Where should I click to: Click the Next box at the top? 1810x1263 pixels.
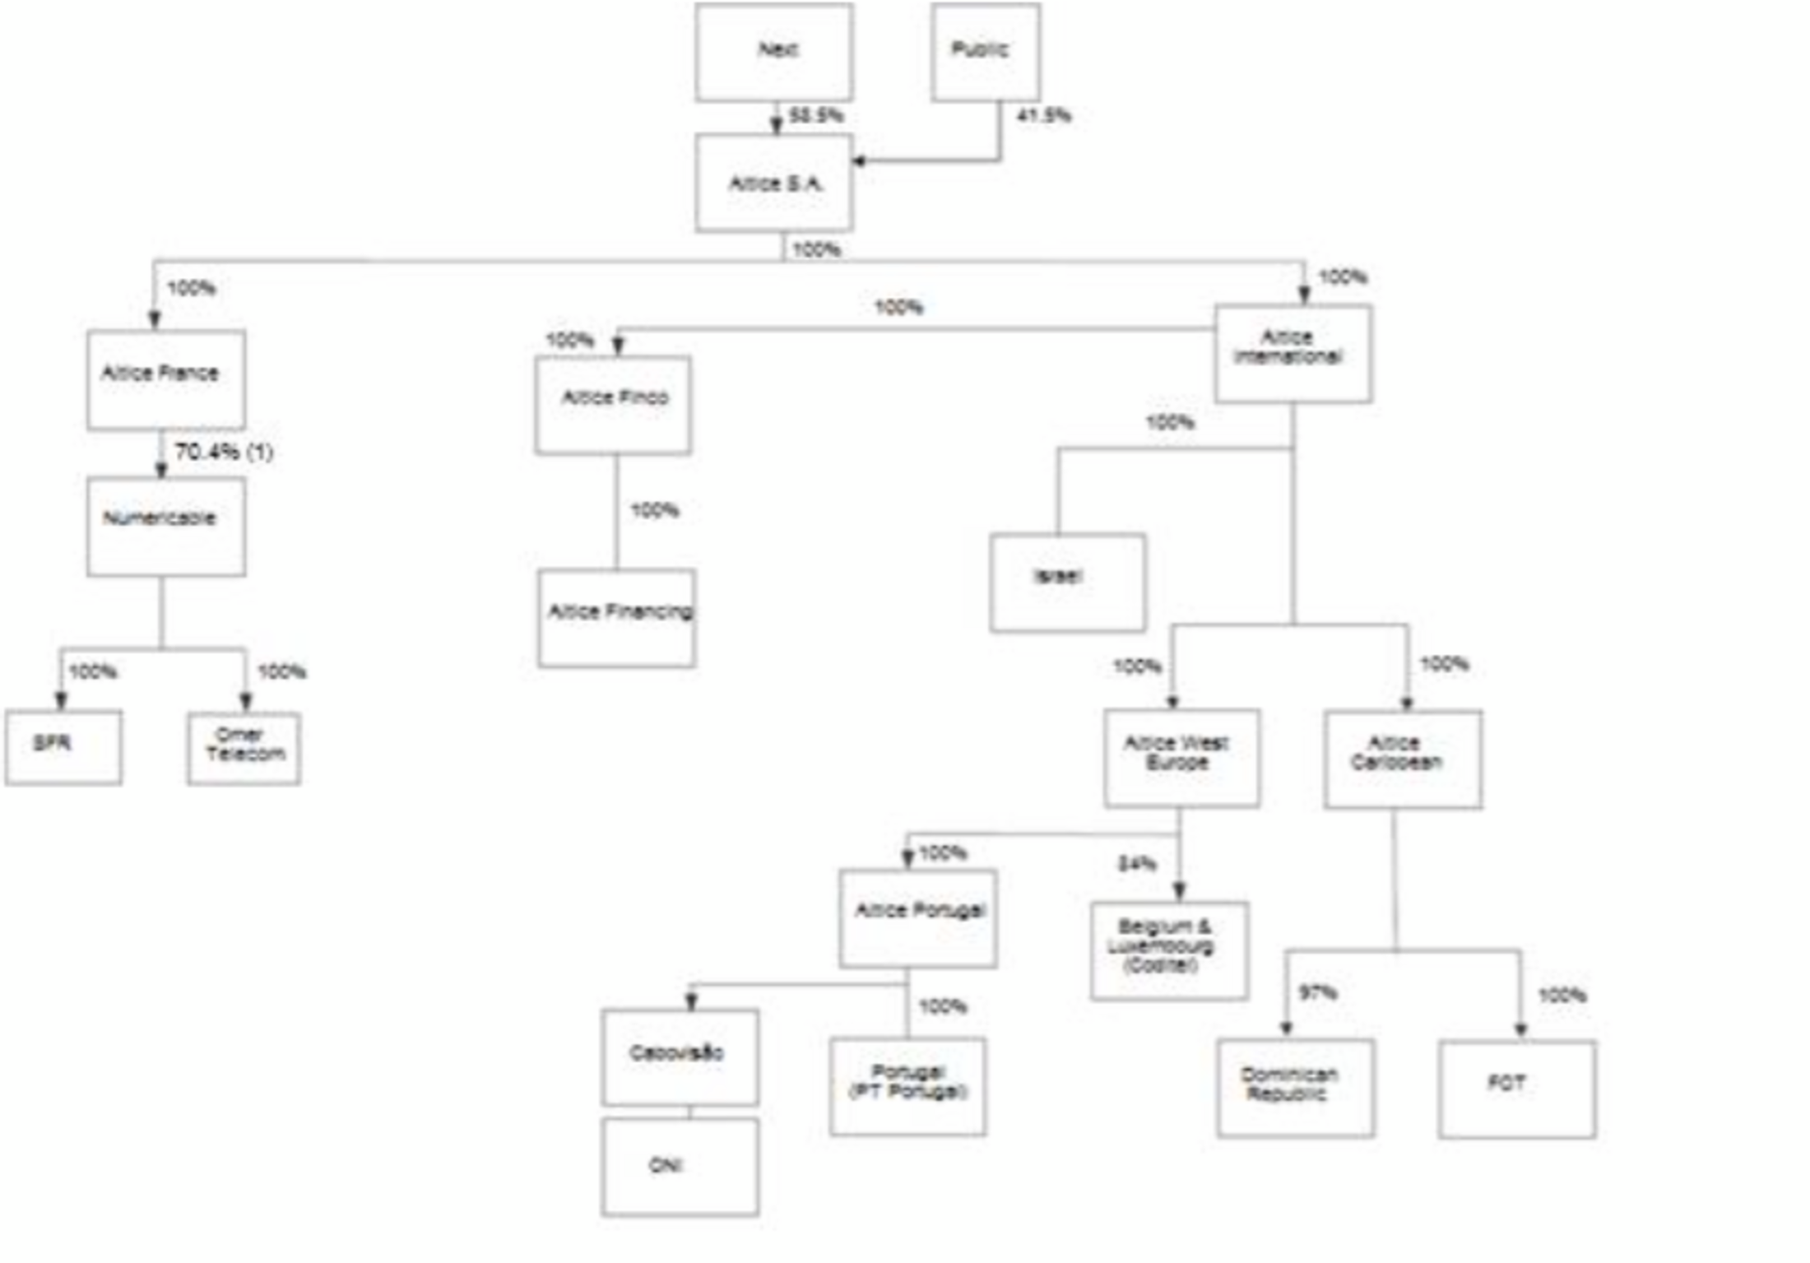[x=773, y=53]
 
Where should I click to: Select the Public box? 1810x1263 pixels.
[x=985, y=53]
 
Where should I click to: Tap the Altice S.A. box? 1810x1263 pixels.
[x=773, y=183]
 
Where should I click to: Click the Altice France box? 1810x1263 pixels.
[x=165, y=379]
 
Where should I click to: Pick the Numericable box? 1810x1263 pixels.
[x=165, y=526]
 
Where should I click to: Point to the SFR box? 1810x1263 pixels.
[x=63, y=747]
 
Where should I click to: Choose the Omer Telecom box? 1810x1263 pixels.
[x=244, y=747]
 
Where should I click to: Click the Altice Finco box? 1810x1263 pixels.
[x=613, y=405]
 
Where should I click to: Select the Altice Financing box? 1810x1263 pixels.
[x=616, y=617]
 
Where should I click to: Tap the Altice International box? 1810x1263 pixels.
[x=1292, y=353]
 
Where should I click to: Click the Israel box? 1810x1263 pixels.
[x=1067, y=582]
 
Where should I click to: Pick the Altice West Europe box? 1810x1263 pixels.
[x=1181, y=757]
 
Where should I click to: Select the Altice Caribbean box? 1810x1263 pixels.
[x=1403, y=759]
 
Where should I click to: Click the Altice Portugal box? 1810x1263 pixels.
[x=918, y=917]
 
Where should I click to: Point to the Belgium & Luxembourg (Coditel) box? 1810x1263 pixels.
[x=1169, y=950]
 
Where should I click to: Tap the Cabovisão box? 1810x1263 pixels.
[x=680, y=1056]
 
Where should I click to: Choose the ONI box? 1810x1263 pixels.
[x=680, y=1166]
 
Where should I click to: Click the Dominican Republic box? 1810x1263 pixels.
[x=1295, y=1088]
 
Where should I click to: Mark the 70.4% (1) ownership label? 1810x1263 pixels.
[x=224, y=452]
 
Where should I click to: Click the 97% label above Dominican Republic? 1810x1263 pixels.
[x=1316, y=992]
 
